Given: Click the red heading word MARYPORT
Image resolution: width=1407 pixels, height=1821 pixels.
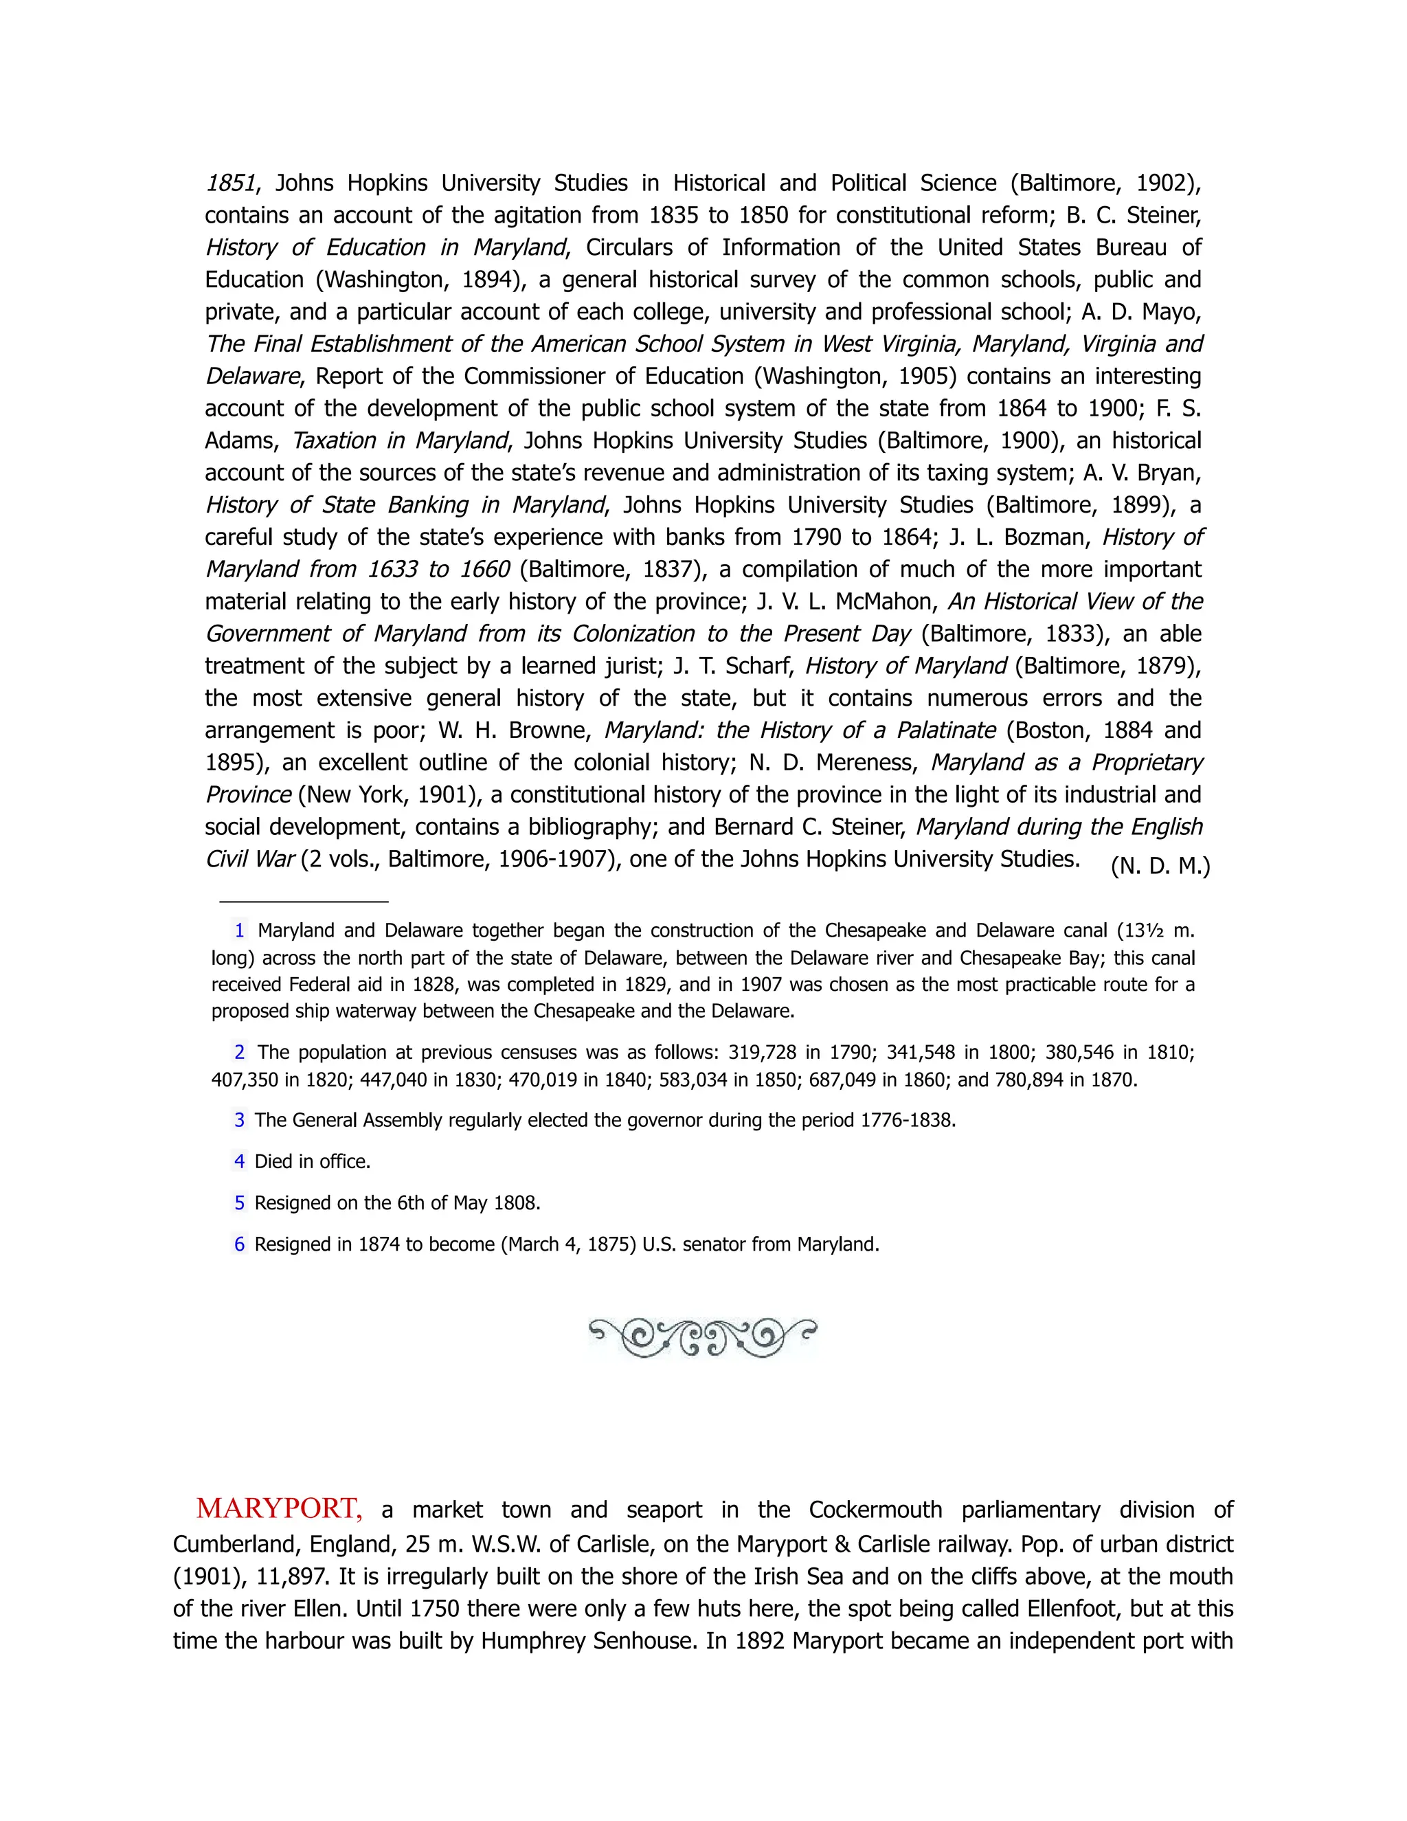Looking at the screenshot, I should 278,1508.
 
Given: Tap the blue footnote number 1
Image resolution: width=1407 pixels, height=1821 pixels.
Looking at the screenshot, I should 239,930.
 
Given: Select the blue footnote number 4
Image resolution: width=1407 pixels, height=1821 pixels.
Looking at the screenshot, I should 239,1161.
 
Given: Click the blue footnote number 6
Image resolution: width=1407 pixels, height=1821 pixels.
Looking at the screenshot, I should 239,1244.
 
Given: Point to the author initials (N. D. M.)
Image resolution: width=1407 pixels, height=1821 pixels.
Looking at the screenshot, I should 1160,867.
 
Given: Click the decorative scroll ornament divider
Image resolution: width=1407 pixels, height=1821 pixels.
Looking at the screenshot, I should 702,1338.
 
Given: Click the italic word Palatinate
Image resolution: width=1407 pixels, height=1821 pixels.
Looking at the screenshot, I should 945,730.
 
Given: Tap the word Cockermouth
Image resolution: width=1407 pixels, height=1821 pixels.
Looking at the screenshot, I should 875,1510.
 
